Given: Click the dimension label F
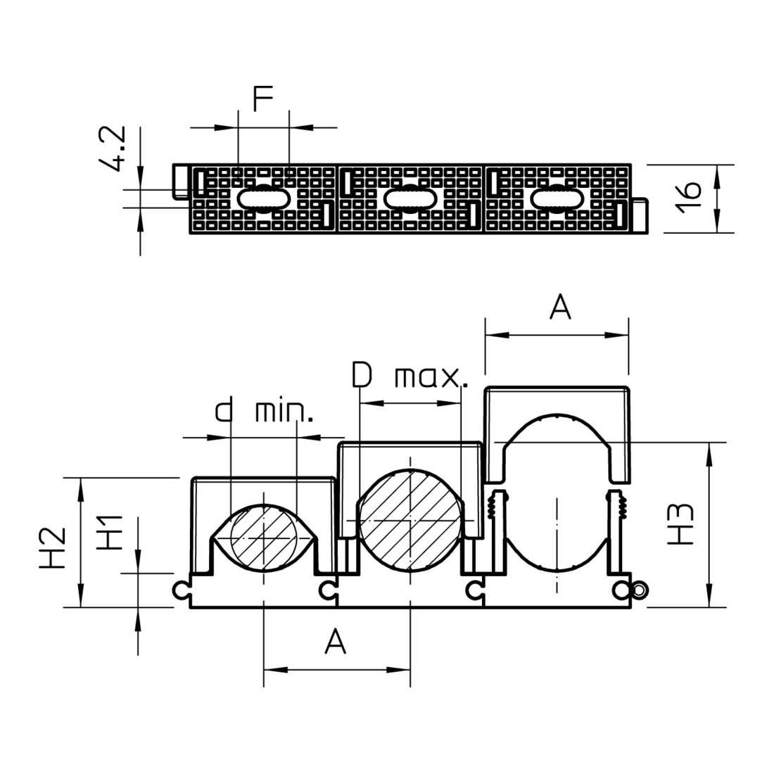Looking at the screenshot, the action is pyautogui.click(x=262, y=98).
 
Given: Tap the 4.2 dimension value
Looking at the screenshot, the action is pyautogui.click(x=112, y=149).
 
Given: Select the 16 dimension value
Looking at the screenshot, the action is pyautogui.click(x=689, y=198).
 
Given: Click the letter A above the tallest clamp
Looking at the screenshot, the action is pyautogui.click(x=560, y=306).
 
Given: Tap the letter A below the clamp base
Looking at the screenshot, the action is pyautogui.click(x=336, y=641).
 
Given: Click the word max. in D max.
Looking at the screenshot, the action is pyautogui.click(x=431, y=377).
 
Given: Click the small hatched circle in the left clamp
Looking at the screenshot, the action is pyautogui.click(x=264, y=538).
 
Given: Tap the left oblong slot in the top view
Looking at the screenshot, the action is pyautogui.click(x=265, y=198).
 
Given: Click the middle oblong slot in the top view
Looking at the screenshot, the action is pyautogui.click(x=410, y=198).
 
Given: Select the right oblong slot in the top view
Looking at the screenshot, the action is pyautogui.click(x=557, y=198).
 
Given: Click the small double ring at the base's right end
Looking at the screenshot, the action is pyautogui.click(x=640, y=590).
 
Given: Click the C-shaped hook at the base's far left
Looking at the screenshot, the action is pyautogui.click(x=179, y=590).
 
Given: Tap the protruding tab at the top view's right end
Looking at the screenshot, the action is pyautogui.click(x=640, y=215).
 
